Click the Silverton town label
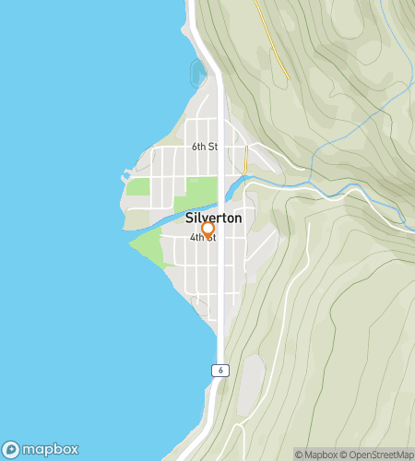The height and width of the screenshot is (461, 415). click(213, 219)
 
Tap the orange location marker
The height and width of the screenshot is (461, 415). click(207, 229)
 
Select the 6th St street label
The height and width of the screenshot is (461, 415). click(205, 147)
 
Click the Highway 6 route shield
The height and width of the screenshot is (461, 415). click(219, 370)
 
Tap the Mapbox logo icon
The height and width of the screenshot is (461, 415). click(11, 450)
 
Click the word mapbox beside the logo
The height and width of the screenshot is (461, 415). click(51, 450)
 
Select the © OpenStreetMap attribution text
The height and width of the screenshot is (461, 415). click(376, 455)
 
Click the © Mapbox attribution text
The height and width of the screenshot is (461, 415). click(316, 455)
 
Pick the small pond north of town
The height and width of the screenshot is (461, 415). click(197, 71)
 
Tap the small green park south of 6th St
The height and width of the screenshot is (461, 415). click(138, 186)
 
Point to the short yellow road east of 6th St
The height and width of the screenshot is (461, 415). click(246, 150)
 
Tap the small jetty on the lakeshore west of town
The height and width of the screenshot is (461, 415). click(126, 172)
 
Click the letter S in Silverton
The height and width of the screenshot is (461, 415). click(188, 219)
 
